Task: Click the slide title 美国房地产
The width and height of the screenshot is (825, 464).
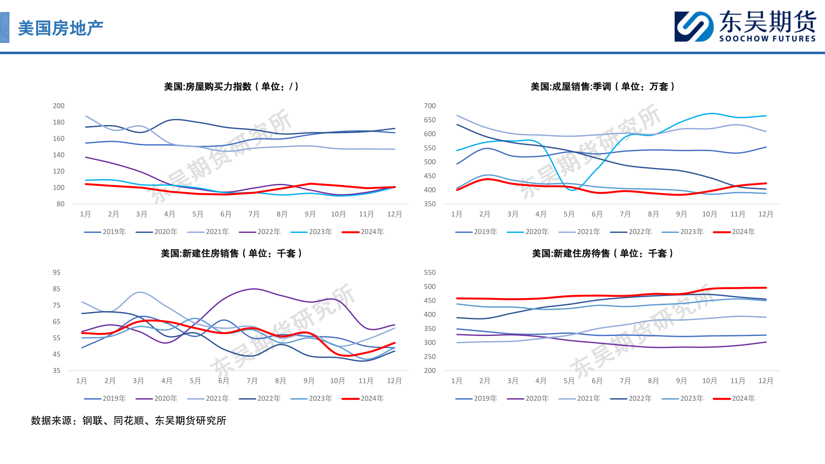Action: tap(61, 28)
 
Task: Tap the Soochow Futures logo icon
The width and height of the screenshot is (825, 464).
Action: tap(694, 27)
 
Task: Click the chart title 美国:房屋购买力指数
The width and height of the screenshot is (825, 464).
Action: tap(231, 87)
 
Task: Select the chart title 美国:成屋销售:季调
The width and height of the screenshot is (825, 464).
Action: tap(602, 87)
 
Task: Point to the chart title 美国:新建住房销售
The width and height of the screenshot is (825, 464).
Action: tap(231, 253)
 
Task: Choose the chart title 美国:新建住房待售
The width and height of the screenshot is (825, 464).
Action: tap(602, 253)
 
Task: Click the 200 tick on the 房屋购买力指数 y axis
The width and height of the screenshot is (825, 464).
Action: tap(58, 106)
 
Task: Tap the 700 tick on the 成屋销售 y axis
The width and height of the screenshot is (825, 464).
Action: tap(430, 106)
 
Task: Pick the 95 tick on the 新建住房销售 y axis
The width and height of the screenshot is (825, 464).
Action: tap(57, 272)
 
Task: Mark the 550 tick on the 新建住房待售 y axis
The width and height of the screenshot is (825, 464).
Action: tap(430, 272)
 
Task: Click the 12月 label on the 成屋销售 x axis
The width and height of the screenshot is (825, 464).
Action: tap(766, 214)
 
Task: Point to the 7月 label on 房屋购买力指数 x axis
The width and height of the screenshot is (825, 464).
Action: tap(254, 214)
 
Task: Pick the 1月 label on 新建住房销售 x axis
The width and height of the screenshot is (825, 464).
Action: tap(82, 381)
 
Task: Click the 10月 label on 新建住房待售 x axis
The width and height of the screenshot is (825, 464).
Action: tap(709, 381)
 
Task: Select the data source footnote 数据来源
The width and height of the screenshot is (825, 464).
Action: tap(128, 421)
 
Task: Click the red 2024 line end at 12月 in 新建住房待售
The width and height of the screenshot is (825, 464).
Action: tap(766, 288)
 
